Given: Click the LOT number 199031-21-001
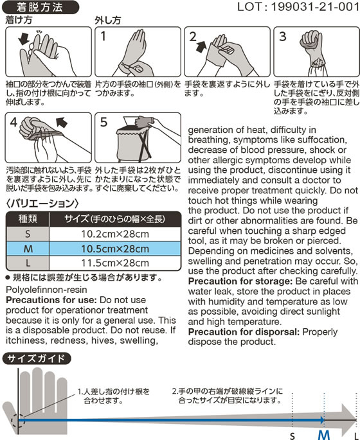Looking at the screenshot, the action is click(x=315, y=7).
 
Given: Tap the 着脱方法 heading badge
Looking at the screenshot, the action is click(x=40, y=7).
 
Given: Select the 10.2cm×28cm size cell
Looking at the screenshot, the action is click(x=115, y=234).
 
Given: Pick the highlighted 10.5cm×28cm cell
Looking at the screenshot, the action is click(x=115, y=249).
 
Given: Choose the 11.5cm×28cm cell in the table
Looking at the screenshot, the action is click(x=115, y=263).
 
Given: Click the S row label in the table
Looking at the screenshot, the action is click(x=28, y=234).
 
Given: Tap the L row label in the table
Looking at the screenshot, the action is click(x=28, y=263).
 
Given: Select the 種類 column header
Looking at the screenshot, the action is click(x=28, y=219).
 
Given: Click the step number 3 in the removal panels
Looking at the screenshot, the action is click(x=283, y=37).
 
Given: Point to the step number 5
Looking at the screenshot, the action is click(x=104, y=122).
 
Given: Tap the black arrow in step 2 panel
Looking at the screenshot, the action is click(x=201, y=46).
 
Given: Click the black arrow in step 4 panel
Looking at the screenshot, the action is click(x=62, y=122).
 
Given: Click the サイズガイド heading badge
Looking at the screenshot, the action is click(x=37, y=358).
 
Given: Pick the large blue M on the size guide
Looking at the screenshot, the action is click(x=324, y=436).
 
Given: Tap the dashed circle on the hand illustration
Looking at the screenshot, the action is click(x=18, y=420).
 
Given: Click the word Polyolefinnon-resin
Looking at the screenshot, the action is click(x=46, y=290).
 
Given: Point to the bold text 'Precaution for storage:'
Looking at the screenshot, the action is click(x=240, y=281).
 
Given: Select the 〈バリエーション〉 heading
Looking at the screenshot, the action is click(x=42, y=203).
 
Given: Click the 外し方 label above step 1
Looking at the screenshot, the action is click(x=108, y=20).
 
